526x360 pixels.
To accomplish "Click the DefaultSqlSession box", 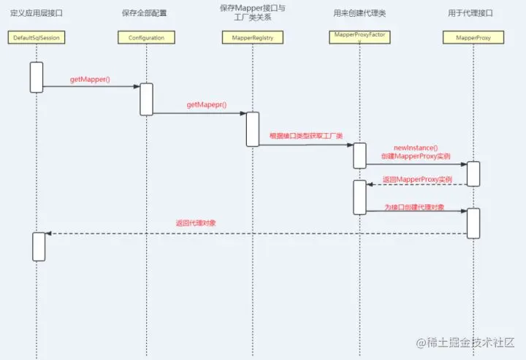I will tap(36, 37).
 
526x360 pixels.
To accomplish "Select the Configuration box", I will tap(146, 37).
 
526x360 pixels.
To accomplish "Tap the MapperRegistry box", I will tap(253, 37).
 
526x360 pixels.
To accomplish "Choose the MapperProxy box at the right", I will tap(473, 37).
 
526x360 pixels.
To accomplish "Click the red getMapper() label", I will tap(90, 79).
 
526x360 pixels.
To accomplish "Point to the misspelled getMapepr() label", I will tap(207, 105).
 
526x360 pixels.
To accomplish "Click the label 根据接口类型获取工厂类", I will tap(306, 135).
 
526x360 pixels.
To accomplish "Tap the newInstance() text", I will tap(416, 148).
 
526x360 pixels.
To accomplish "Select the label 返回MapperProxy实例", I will tap(418, 179).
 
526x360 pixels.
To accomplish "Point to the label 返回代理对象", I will tap(196, 223).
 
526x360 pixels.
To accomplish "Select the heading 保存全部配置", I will tap(145, 14).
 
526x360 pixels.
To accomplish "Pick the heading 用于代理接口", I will tap(473, 14).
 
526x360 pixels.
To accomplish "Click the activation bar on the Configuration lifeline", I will tap(146, 99).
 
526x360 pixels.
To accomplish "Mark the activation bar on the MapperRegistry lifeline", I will tap(253, 129).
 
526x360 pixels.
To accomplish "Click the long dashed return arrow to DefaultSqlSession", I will tap(256, 234).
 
